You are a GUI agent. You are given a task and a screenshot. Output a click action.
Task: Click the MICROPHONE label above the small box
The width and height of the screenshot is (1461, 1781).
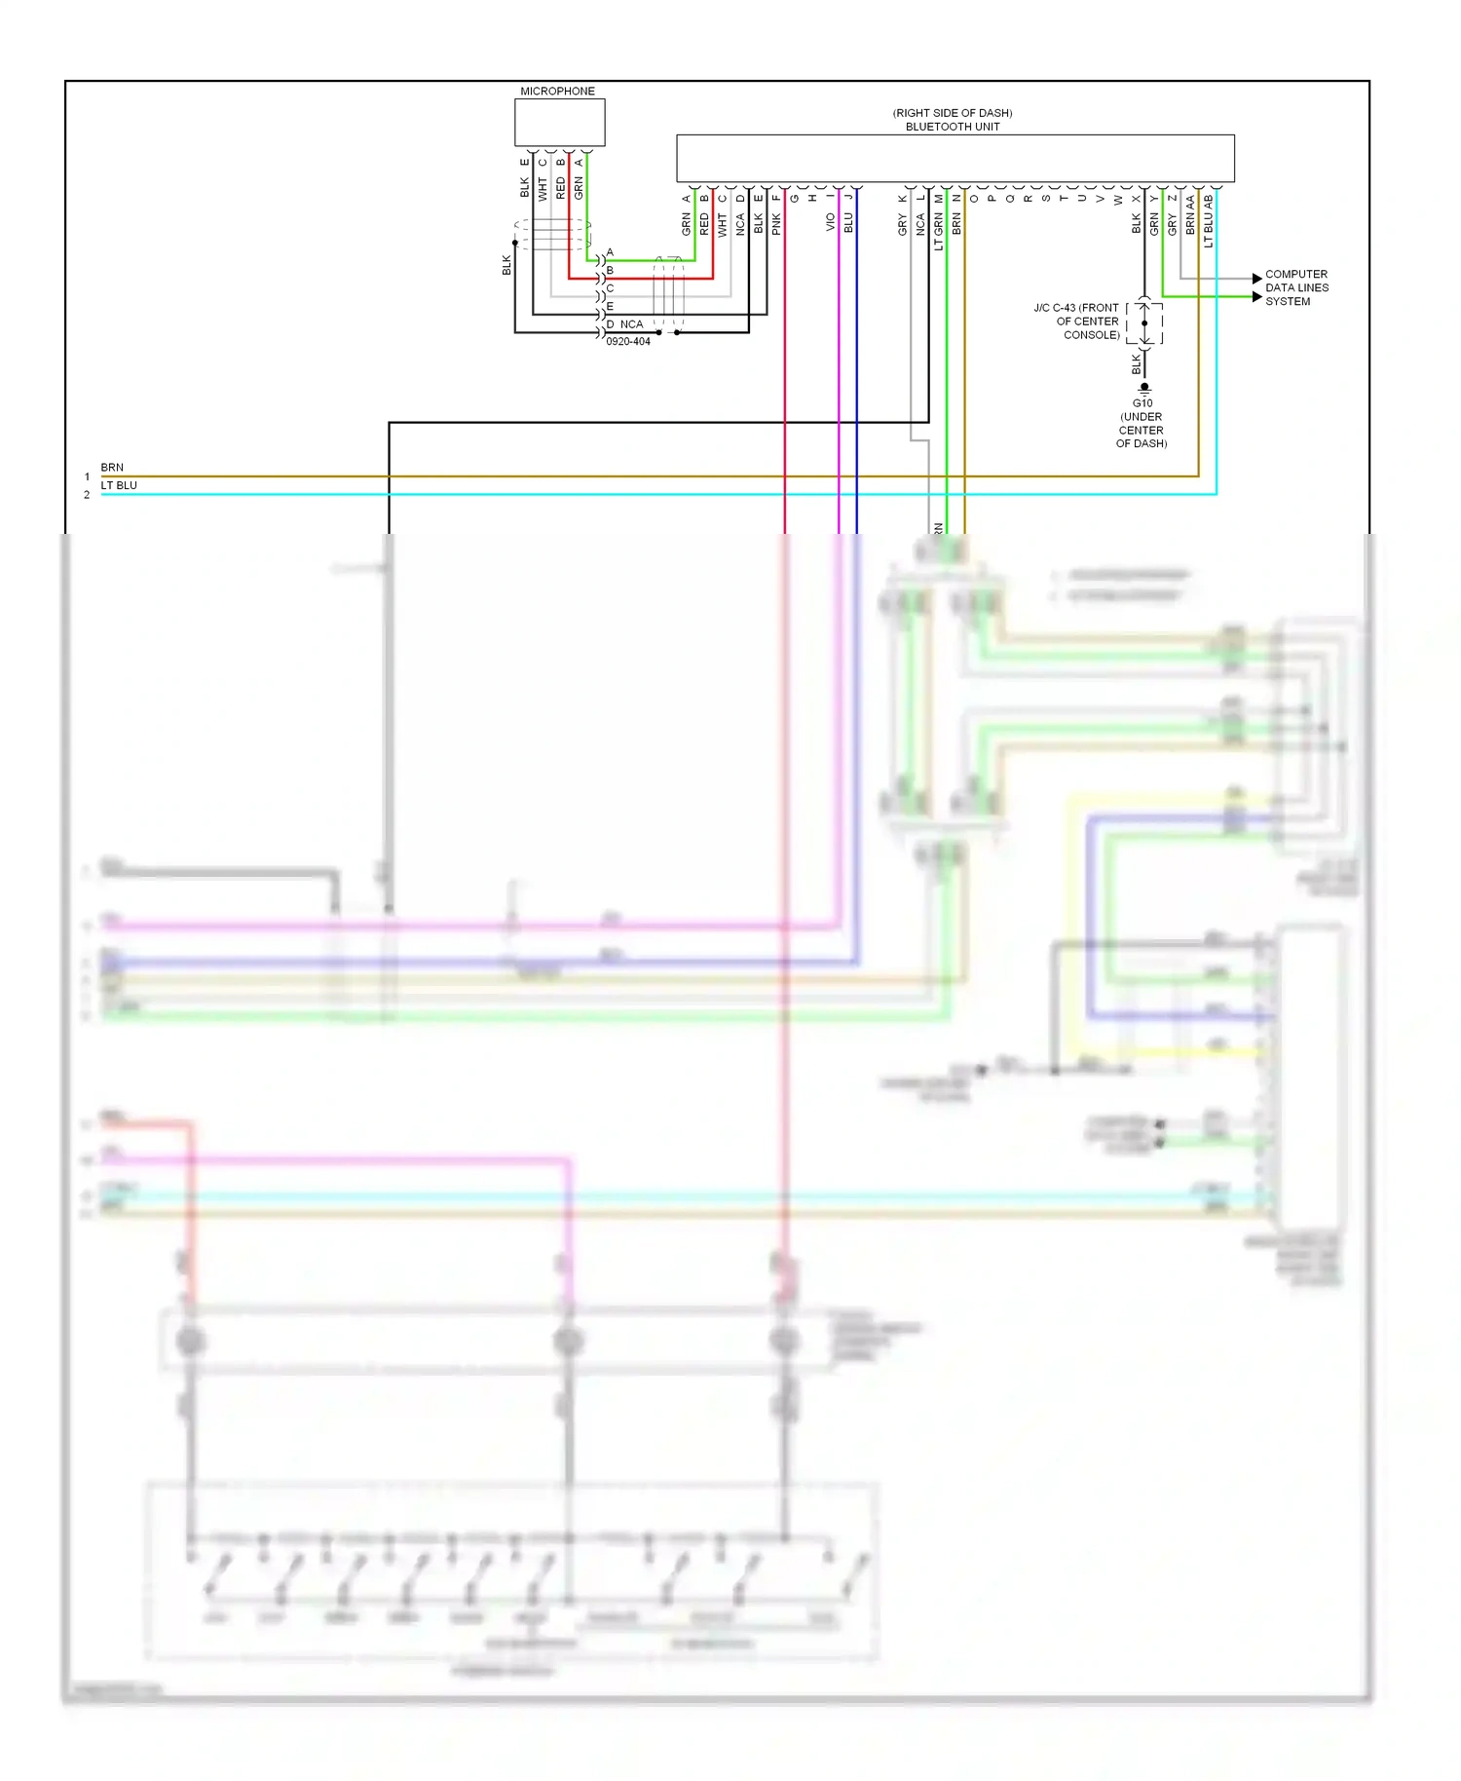[x=557, y=92]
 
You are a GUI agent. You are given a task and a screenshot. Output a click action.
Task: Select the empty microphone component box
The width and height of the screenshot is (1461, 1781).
[x=559, y=123]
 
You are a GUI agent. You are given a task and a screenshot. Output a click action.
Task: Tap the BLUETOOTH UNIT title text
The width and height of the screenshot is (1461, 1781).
[x=952, y=127]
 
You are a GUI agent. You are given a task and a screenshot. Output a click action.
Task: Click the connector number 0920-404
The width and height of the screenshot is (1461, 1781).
[x=627, y=342]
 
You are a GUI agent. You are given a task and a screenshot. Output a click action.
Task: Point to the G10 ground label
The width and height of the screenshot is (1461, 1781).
[x=1143, y=403]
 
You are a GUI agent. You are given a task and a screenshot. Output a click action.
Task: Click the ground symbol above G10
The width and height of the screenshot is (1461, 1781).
[x=1144, y=388]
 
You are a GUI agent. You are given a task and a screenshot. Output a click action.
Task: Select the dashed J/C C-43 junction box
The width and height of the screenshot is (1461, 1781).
[x=1144, y=323]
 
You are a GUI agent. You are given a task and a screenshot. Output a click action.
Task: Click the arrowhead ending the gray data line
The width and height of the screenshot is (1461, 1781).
[x=1257, y=279]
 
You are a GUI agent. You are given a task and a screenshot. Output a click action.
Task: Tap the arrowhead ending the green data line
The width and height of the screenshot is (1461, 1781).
[x=1257, y=297]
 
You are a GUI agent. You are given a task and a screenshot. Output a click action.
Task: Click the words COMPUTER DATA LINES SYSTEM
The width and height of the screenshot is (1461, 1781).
[x=1295, y=288]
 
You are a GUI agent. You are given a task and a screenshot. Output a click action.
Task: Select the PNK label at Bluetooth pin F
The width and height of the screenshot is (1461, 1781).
[x=776, y=225]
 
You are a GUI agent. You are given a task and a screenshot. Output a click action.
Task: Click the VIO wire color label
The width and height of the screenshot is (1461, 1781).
[x=830, y=222]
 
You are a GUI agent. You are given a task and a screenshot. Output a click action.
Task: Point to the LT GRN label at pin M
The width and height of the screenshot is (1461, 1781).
[x=938, y=232]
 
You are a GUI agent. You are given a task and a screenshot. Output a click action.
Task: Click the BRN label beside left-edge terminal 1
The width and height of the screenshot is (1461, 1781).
[x=112, y=468]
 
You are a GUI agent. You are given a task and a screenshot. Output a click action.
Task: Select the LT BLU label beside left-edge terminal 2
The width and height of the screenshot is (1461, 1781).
[x=119, y=485]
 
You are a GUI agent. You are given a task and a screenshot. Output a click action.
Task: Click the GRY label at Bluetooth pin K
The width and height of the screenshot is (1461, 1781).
[x=902, y=225]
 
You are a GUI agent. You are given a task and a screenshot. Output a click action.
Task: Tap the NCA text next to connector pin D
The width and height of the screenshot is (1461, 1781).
[x=631, y=324]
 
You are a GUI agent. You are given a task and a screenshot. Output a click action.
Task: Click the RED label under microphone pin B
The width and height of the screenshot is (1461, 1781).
[x=560, y=188]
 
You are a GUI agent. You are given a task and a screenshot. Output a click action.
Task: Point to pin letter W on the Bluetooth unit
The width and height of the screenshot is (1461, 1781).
[x=1117, y=200]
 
